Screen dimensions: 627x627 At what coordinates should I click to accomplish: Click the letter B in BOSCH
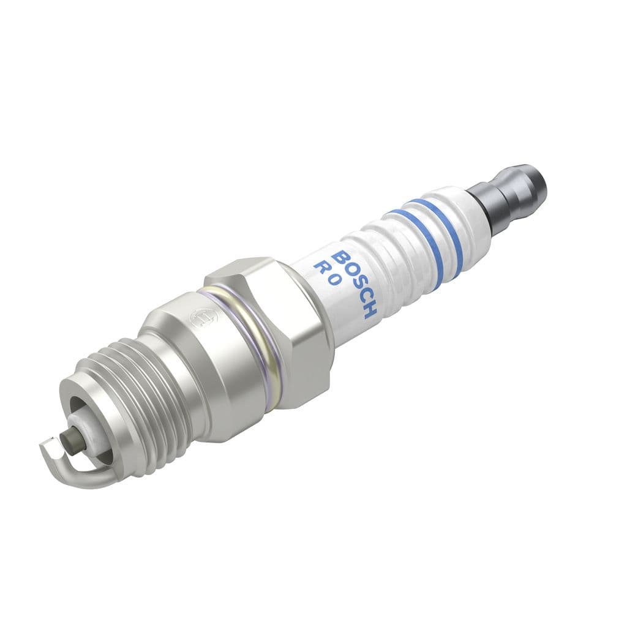pos(343,258)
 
